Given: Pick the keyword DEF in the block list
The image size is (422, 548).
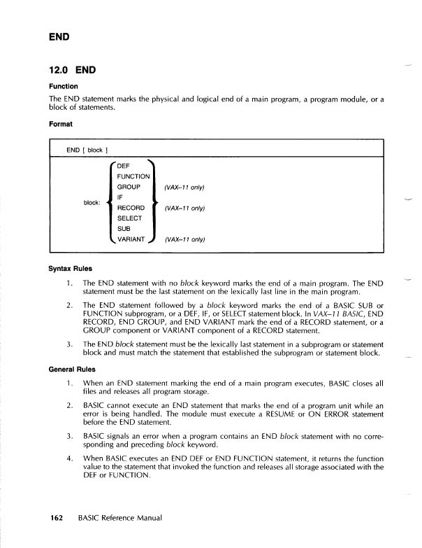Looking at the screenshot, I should point(124,166).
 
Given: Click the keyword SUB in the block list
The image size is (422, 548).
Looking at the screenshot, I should point(124,229).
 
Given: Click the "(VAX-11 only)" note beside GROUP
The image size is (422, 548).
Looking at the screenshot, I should point(184,188).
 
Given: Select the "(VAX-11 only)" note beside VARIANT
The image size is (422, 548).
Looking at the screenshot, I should point(184,240).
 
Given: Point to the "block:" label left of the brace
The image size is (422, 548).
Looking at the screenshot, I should point(93,203).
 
